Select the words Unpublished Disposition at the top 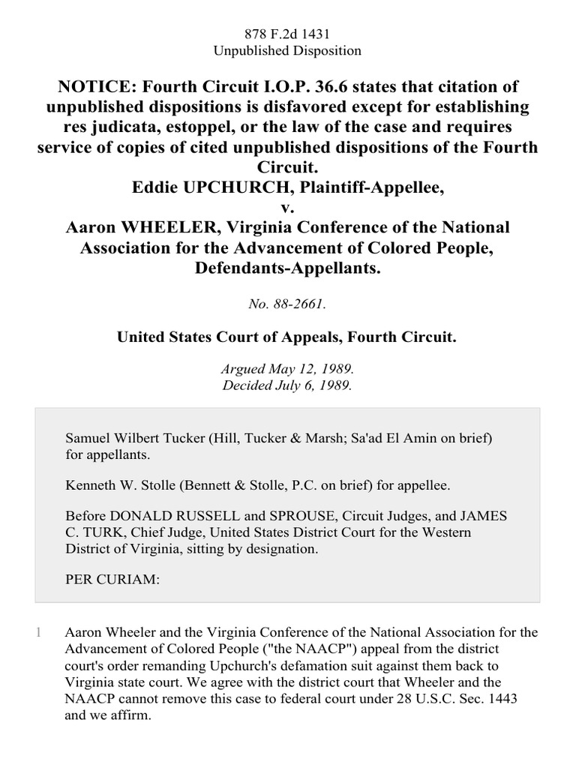(x=287, y=51)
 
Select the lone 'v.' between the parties (x=288, y=207)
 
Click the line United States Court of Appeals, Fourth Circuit (x=287, y=337)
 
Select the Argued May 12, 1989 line (x=287, y=370)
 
